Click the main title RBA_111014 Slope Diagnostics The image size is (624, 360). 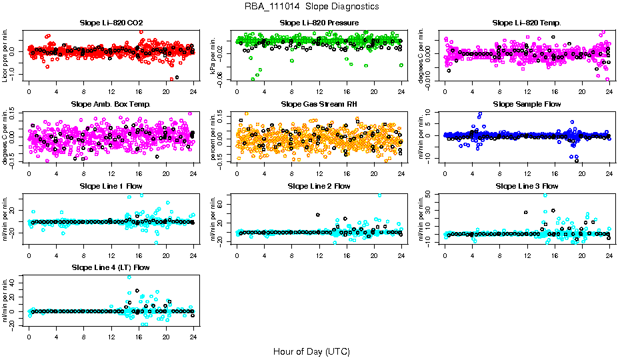pos(312,6)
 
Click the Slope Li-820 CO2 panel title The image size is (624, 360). pos(111,23)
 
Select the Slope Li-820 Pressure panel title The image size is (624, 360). pos(319,23)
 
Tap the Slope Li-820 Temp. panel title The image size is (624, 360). pos(527,23)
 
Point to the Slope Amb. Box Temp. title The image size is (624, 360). pos(111,105)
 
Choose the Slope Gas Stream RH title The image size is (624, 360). pos(319,105)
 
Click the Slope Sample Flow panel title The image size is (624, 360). pos(527,105)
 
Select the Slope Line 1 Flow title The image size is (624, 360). pos(111,186)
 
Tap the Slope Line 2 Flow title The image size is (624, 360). pos(319,186)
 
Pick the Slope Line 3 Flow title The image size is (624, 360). pos(527,186)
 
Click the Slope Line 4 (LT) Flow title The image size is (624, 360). pos(111,267)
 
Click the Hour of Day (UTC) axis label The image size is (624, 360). pos(312,351)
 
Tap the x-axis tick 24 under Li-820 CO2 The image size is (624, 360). pos(193,91)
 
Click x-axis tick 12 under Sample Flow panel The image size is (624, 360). pos(527,173)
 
